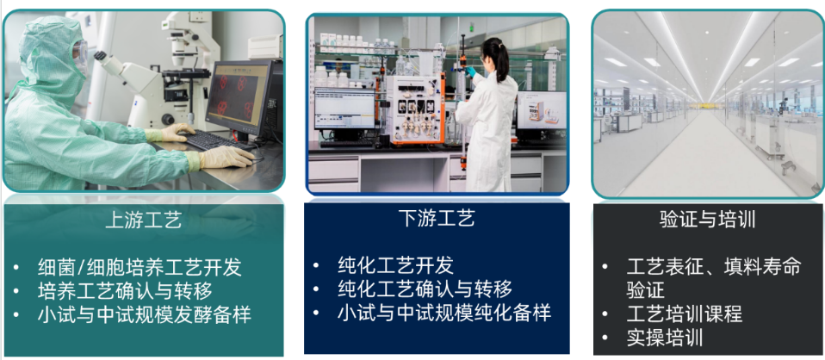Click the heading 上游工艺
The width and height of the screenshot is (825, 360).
tap(144, 220)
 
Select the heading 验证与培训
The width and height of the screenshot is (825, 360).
tap(708, 220)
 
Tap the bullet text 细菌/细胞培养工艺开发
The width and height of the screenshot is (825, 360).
tap(140, 267)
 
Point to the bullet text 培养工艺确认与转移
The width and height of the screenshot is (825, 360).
tap(125, 290)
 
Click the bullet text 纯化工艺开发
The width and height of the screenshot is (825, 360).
tap(395, 266)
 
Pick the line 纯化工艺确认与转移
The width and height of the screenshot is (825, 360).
tap(425, 289)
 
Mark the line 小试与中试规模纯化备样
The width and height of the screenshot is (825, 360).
tap(444, 313)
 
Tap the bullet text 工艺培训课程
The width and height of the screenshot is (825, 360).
tap(685, 314)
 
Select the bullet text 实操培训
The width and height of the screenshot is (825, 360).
tap(665, 338)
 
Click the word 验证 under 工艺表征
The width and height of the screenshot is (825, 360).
tap(646, 290)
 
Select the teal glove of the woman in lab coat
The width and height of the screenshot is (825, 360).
tap(469, 71)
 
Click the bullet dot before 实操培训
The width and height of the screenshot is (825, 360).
tap(605, 338)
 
